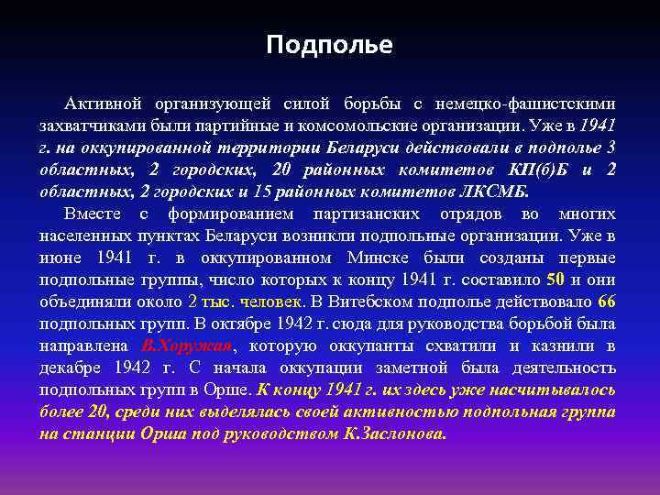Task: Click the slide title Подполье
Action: [x=329, y=45]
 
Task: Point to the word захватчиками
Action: [x=89, y=126]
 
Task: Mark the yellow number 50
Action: [x=555, y=280]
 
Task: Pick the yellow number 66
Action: [x=606, y=302]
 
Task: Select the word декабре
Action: [x=71, y=368]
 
